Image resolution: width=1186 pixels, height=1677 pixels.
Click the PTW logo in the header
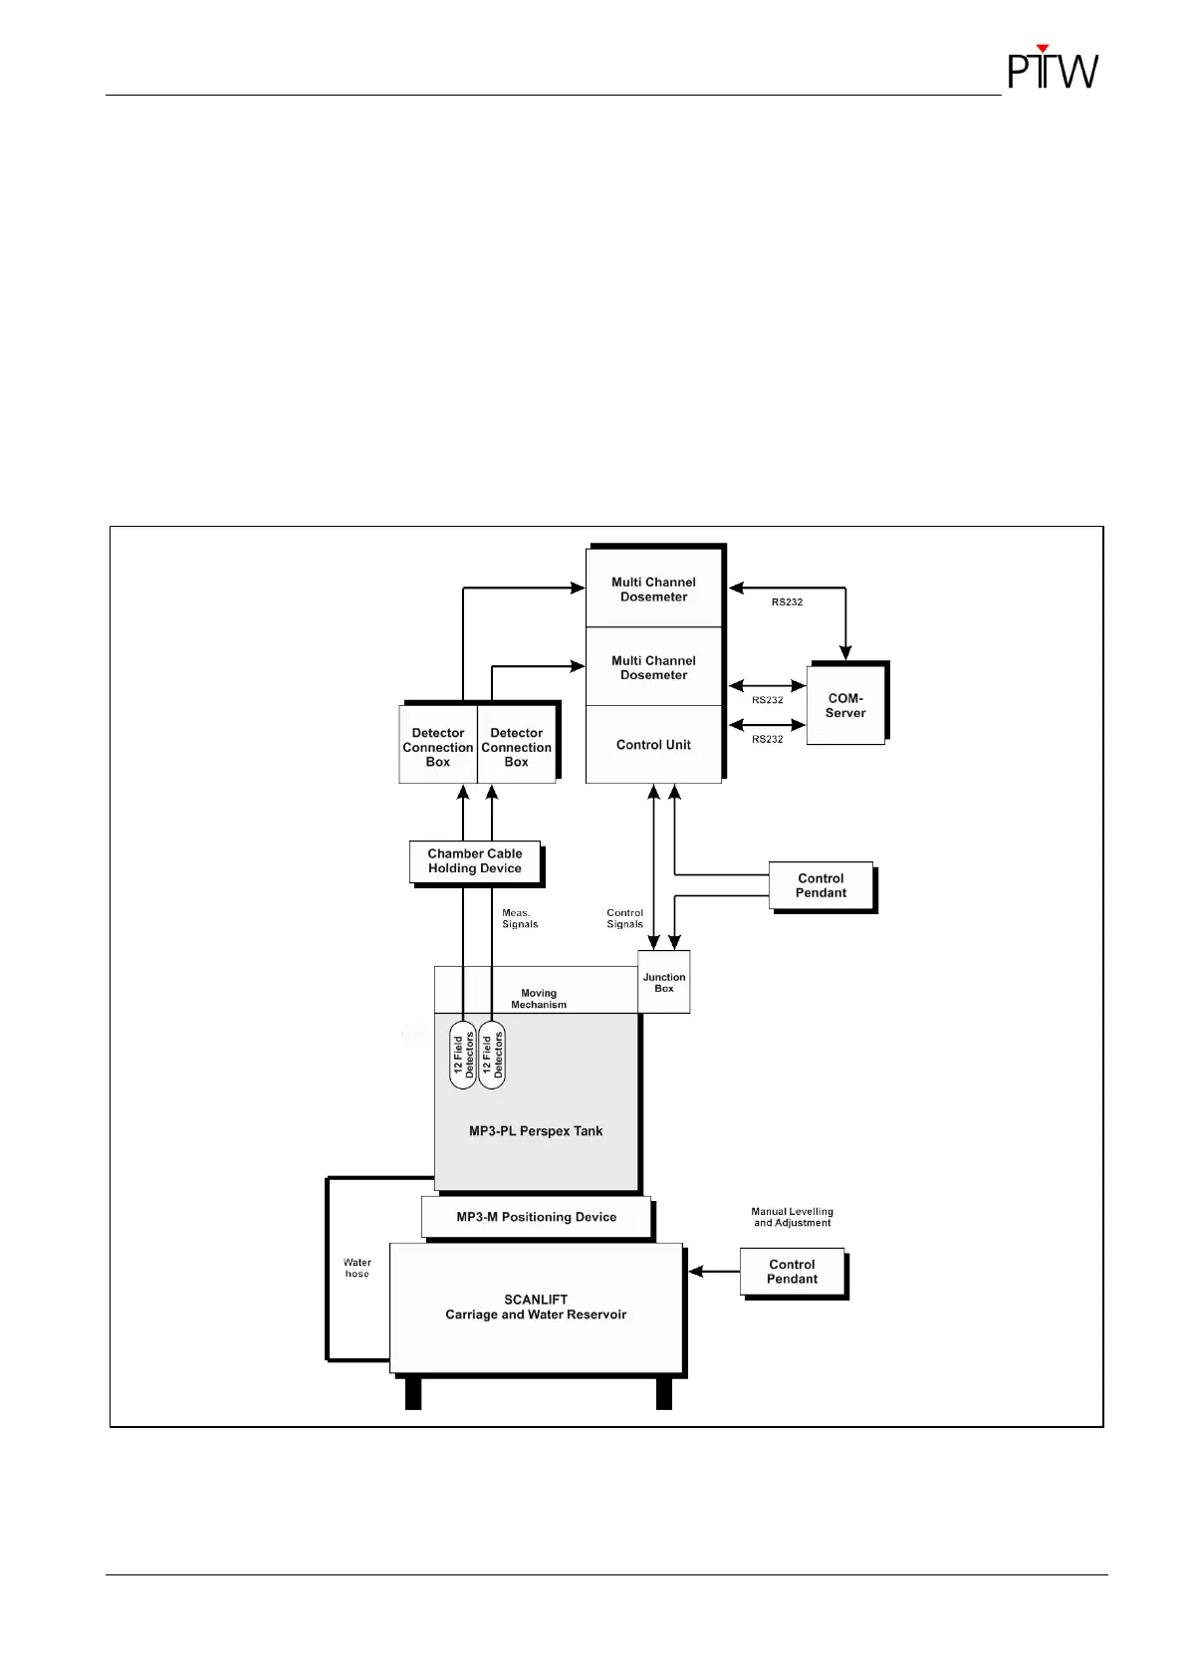[1053, 68]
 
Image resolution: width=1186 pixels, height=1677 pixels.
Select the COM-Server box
[845, 705]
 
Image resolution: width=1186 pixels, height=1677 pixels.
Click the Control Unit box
[653, 745]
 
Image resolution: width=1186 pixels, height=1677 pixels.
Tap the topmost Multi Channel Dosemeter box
[653, 590]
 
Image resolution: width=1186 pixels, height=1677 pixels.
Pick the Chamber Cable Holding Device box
[475, 861]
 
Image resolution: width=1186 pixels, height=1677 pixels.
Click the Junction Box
[664, 983]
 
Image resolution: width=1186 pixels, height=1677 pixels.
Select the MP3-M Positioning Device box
[536, 1217]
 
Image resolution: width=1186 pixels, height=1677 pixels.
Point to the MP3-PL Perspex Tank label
[536, 1131]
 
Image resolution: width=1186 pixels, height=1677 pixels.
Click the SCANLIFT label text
[536, 1300]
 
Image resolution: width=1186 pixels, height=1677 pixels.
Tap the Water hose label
[356, 1268]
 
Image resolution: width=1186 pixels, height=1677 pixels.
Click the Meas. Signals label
[519, 918]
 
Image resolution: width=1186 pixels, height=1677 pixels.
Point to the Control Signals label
[625, 918]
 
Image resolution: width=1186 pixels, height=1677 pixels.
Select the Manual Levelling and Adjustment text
[792, 1217]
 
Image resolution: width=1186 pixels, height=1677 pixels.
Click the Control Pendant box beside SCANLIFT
[793, 1272]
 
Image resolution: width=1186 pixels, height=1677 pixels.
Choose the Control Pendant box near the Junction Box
[822, 885]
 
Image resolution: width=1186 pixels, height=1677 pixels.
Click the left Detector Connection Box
[438, 747]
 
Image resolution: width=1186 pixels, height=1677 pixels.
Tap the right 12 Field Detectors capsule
[492, 1055]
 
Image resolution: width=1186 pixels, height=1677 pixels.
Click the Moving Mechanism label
[539, 999]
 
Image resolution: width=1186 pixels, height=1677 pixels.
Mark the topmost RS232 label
[787, 602]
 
